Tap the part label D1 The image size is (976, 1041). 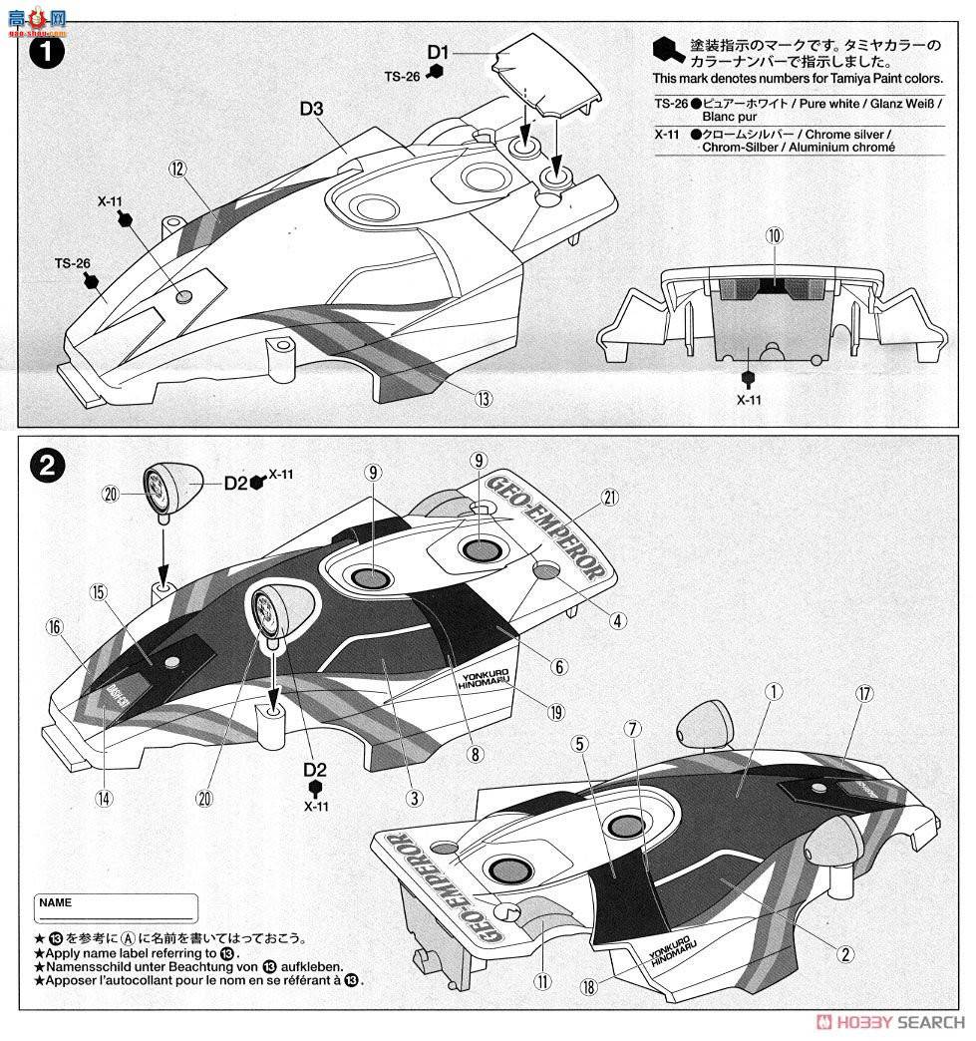tap(440, 51)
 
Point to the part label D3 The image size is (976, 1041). tap(311, 110)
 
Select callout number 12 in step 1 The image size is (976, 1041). tap(178, 169)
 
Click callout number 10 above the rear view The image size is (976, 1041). tap(775, 235)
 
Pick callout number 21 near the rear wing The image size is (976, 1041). tap(611, 498)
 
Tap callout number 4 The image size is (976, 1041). tap(618, 620)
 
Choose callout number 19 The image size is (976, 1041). tap(555, 710)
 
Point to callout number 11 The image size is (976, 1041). tap(541, 981)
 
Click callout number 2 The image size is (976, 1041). tap(845, 954)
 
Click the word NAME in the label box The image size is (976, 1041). tap(56, 902)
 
